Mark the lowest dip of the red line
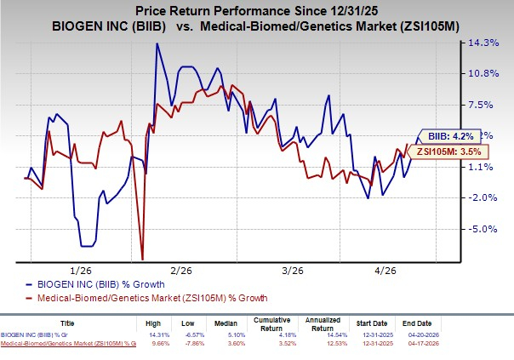(142, 259)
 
